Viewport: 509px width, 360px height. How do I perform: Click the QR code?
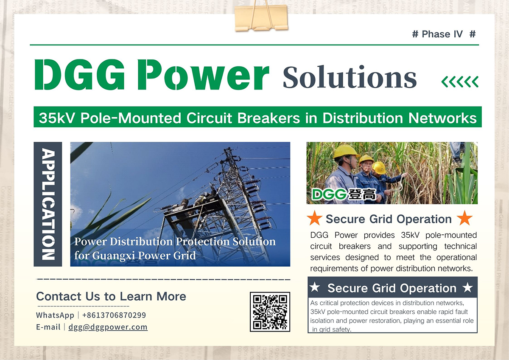(x=270, y=312)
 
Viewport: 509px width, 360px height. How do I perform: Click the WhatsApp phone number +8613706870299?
(x=114, y=315)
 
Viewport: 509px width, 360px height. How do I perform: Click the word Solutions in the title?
(x=350, y=78)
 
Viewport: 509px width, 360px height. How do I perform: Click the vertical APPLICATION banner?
(x=48, y=204)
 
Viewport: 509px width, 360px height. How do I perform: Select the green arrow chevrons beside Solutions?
(x=460, y=81)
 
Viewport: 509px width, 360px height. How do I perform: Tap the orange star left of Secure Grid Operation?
(x=314, y=219)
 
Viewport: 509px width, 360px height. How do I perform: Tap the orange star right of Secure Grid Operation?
(x=464, y=219)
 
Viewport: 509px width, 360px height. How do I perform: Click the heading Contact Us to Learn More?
(x=111, y=296)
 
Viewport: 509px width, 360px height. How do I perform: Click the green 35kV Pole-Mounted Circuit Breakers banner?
(x=257, y=117)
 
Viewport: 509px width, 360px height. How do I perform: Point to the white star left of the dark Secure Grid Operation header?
(x=315, y=288)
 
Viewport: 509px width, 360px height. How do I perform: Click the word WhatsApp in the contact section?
(x=55, y=315)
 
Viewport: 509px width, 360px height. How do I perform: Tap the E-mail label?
(x=48, y=327)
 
